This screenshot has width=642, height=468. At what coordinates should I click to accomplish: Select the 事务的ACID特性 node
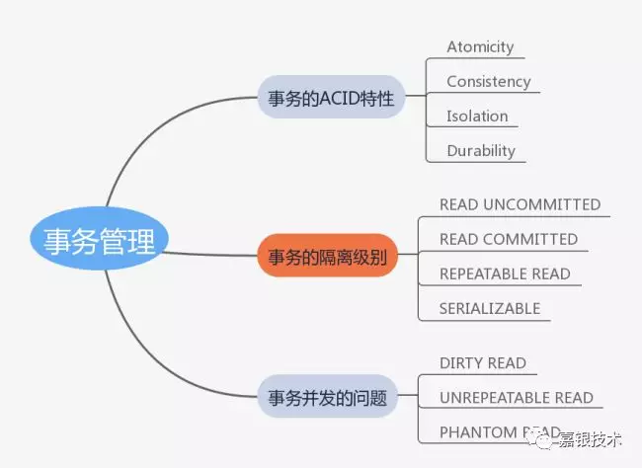coord(331,99)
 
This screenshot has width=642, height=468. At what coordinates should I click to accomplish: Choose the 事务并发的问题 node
coord(327,399)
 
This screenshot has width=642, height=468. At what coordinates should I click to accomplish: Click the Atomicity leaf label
coord(480,46)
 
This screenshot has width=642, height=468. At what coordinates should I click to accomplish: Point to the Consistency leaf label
coord(488,81)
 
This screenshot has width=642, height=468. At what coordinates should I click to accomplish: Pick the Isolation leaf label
coord(477,116)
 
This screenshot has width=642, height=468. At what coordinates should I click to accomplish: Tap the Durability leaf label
coord(481,150)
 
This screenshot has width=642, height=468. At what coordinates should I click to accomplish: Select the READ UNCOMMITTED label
coord(520,204)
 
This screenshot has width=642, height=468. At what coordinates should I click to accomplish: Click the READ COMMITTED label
coord(509,239)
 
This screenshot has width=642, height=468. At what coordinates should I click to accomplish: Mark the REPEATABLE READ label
coord(505,273)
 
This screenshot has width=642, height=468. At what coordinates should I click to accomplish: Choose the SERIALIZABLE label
coord(490,308)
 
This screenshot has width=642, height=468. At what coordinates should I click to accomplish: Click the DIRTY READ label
coord(483,362)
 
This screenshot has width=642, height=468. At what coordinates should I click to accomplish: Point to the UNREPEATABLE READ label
coord(517,397)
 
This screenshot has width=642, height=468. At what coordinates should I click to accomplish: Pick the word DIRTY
coord(460,362)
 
